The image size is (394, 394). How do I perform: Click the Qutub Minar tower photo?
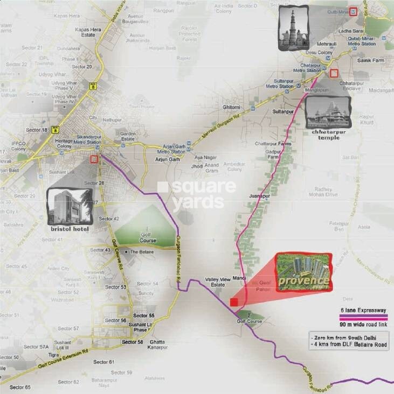pos(293,28)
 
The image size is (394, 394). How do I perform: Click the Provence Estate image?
pos(305,272)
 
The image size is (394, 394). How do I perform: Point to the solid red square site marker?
pos(234,302)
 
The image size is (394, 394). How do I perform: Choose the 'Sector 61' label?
pos(104,362)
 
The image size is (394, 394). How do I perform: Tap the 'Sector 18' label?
pos(37,130)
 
